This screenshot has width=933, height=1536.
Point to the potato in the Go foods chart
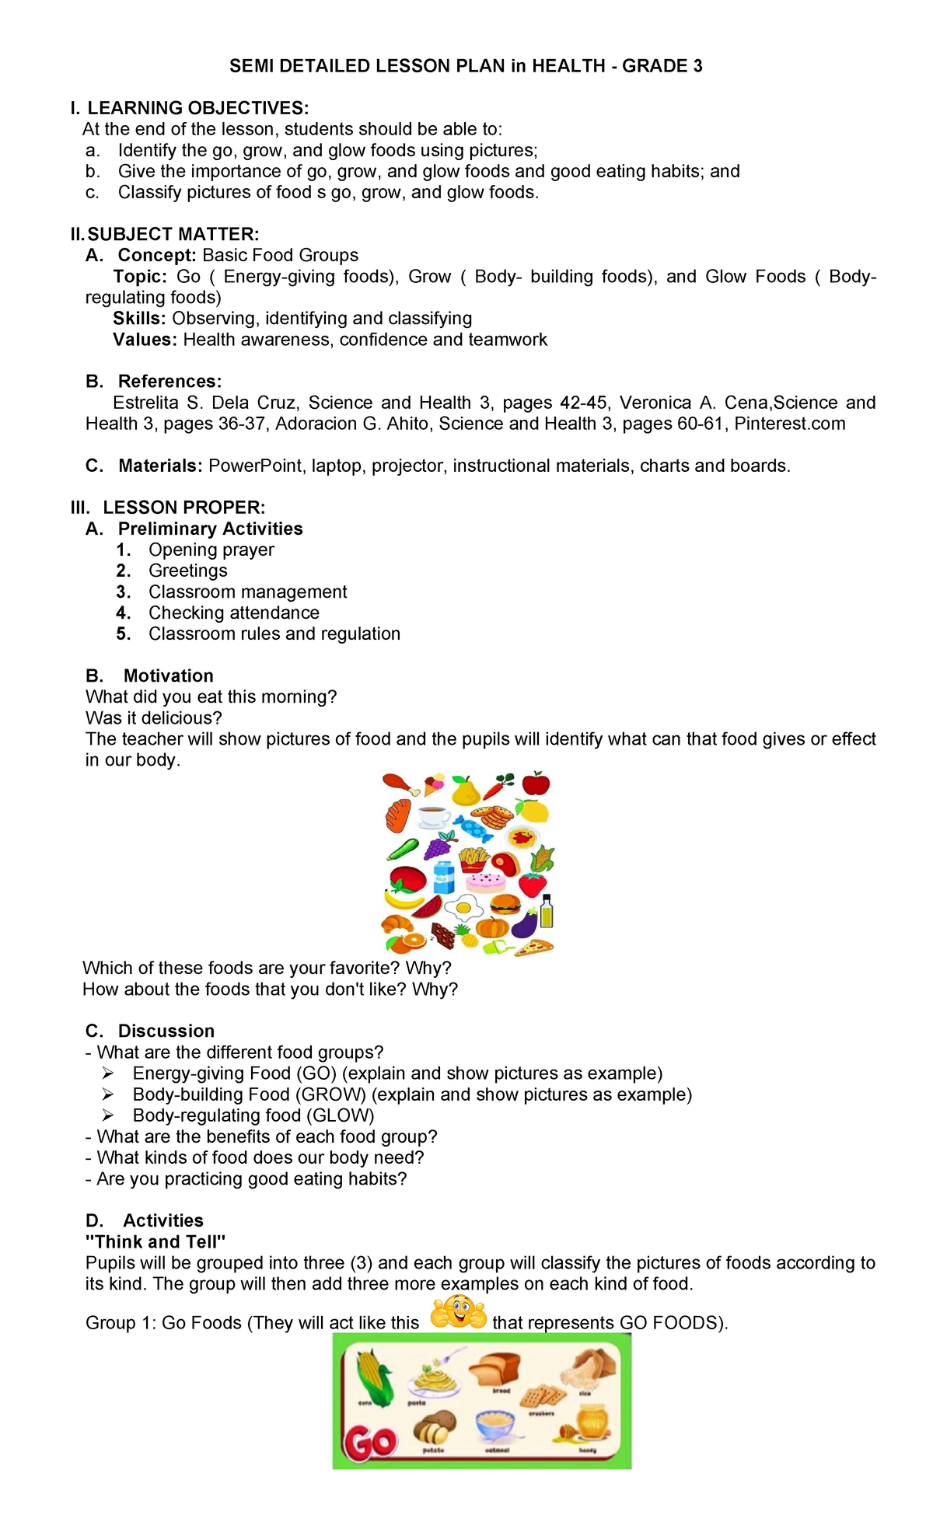point(433,1428)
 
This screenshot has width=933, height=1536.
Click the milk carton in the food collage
point(443,878)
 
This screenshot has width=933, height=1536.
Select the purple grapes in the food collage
point(440,844)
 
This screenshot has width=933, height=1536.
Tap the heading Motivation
point(168,675)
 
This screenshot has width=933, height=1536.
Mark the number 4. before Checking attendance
point(124,613)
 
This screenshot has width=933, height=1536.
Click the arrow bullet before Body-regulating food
point(108,1115)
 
